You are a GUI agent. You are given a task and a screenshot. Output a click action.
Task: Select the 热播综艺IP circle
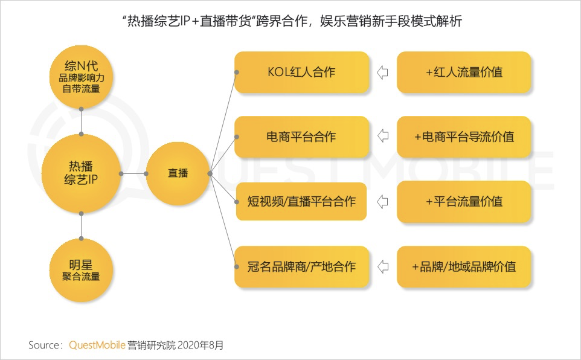point(81,173)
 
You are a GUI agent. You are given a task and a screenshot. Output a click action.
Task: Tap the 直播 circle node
point(178,173)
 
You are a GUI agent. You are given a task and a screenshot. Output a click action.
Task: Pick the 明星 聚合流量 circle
point(80,270)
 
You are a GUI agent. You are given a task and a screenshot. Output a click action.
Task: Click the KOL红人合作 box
point(301,72)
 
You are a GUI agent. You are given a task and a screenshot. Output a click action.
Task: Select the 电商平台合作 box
point(301,137)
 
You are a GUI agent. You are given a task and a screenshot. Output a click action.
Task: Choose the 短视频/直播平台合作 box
point(301,201)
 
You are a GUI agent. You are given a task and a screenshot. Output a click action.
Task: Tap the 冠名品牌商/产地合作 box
point(301,266)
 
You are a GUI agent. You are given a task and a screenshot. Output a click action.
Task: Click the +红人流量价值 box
point(464,72)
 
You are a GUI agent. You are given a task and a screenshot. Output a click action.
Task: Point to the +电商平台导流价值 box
point(464,137)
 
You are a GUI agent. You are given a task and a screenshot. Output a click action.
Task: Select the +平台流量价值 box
point(464,201)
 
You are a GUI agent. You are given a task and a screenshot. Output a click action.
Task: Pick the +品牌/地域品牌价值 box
point(464,266)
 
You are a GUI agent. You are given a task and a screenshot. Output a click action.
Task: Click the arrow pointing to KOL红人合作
point(382,73)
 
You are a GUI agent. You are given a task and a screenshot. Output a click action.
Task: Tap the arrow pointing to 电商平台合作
point(382,137)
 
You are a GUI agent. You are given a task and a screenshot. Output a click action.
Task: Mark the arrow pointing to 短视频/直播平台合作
point(382,202)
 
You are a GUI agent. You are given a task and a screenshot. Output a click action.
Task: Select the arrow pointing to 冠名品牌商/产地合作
point(382,266)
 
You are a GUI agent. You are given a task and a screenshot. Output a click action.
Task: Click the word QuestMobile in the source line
point(97,346)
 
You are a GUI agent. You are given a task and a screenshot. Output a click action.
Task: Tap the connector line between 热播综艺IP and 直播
point(134,173)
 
